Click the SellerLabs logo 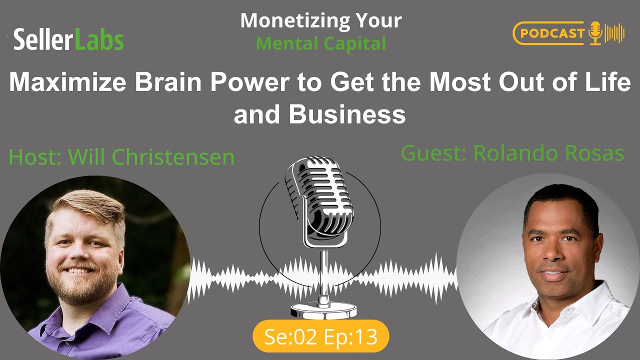(68, 39)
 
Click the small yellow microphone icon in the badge (595, 33)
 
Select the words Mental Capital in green (321, 43)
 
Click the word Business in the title (347, 114)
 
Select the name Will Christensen (151, 157)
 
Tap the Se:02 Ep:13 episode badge (320, 336)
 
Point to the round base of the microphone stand (320, 310)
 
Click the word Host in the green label (33, 157)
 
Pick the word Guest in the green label (432, 153)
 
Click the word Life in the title (610, 82)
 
